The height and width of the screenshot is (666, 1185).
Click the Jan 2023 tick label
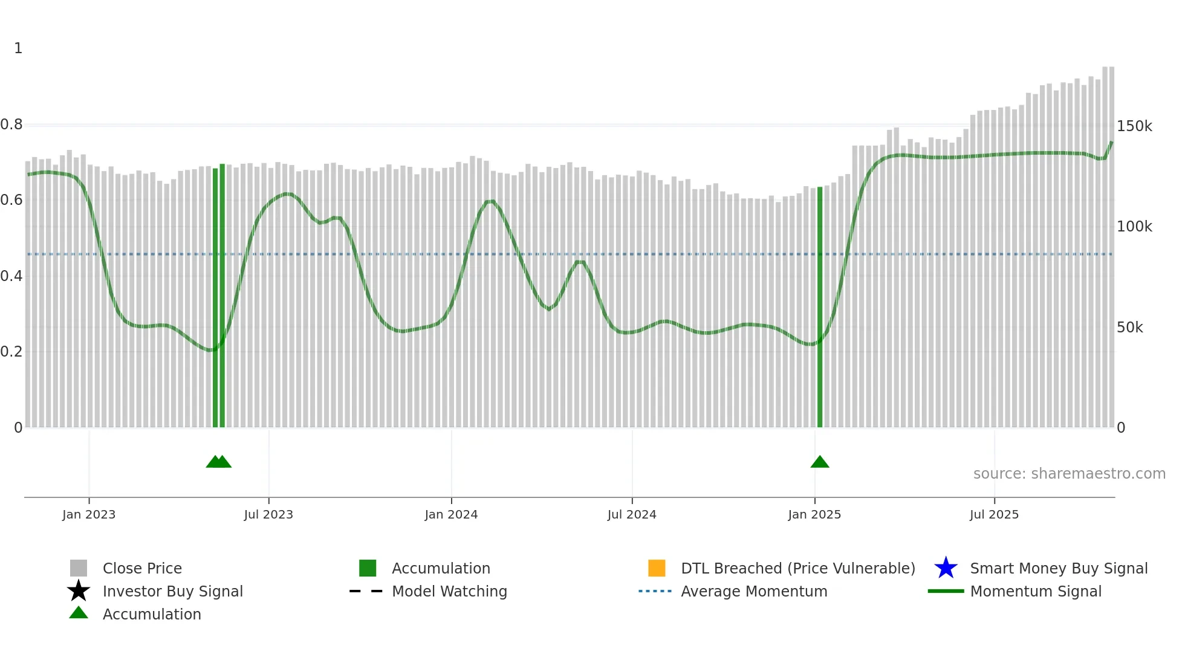pyautogui.click(x=89, y=515)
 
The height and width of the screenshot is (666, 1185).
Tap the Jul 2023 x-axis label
pyautogui.click(x=268, y=515)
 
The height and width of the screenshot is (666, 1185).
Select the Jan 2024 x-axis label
pyautogui.click(x=451, y=515)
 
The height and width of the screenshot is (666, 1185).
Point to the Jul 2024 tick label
pyautogui.click(x=632, y=515)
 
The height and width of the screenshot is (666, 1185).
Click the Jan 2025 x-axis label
pyautogui.click(x=814, y=515)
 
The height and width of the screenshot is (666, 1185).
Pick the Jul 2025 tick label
pyautogui.click(x=994, y=515)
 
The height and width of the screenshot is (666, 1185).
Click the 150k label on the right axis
pyautogui.click(x=1134, y=126)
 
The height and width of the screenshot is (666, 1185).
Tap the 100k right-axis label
pyautogui.click(x=1134, y=227)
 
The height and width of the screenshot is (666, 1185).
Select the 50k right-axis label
pyautogui.click(x=1129, y=328)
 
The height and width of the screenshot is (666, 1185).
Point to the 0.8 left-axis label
pyautogui.click(x=11, y=125)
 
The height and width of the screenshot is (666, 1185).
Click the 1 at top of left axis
pyautogui.click(x=18, y=48)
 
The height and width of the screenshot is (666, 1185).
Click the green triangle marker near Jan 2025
pyautogui.click(x=820, y=462)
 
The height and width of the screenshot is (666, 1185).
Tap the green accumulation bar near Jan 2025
pyautogui.click(x=820, y=308)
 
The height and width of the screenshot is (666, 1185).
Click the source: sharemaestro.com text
pyautogui.click(x=1069, y=474)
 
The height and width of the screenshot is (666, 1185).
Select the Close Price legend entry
pyautogui.click(x=142, y=569)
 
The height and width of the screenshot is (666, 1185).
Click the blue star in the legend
pyautogui.click(x=946, y=568)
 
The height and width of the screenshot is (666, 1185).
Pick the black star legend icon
pyautogui.click(x=79, y=591)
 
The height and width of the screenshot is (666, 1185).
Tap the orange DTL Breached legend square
pyautogui.click(x=657, y=568)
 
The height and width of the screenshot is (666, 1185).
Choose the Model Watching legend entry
pyautogui.click(x=449, y=592)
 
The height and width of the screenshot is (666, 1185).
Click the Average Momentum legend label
pyautogui.click(x=754, y=592)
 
